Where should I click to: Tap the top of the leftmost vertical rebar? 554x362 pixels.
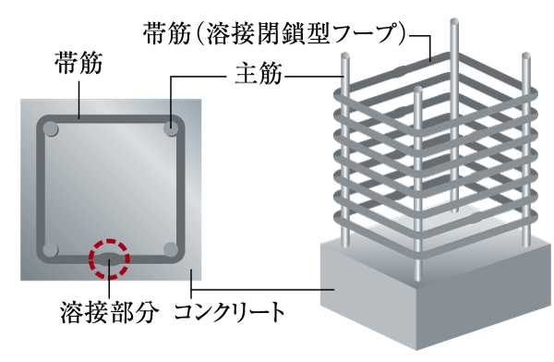pos(345,59)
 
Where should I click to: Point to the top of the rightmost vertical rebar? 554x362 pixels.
pos(526,58)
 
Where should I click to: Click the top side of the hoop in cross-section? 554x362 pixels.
pos(111,120)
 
